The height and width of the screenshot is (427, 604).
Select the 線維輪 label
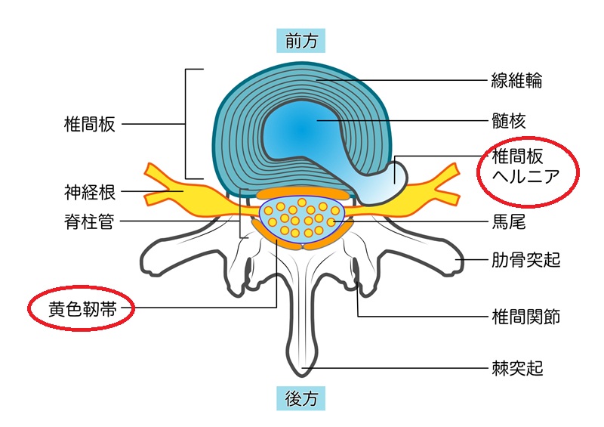coord(517,81)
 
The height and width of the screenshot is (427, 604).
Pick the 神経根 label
coord(89,193)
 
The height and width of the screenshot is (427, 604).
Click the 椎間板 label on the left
coord(89,124)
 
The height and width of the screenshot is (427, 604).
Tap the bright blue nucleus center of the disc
coord(302,130)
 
